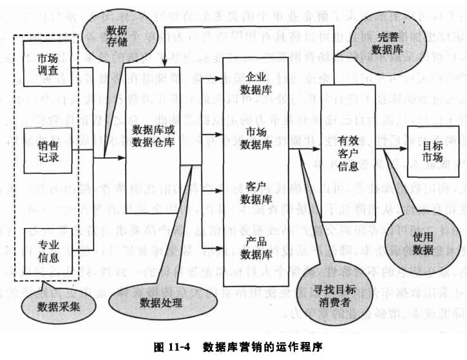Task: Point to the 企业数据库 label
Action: tap(252, 83)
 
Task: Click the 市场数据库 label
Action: tap(252, 138)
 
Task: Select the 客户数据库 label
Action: tap(252, 193)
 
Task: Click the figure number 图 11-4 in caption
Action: tap(173, 346)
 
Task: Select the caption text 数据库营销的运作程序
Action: tap(259, 346)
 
